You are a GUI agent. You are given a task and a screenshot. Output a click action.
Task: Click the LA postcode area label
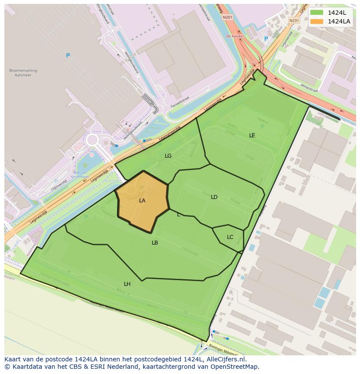click(142, 201)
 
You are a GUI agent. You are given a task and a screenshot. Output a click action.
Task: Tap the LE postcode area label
click(252, 136)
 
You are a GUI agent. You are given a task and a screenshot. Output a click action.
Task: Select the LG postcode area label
click(168, 156)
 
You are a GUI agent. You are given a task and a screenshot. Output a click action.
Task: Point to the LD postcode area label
click(214, 197)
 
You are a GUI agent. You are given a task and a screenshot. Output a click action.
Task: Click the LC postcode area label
click(230, 237)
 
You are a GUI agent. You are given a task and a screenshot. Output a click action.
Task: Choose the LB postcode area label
click(155, 243)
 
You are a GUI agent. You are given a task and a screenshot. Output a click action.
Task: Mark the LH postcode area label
click(127, 284)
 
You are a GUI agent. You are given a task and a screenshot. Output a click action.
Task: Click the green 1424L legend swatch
click(317, 12)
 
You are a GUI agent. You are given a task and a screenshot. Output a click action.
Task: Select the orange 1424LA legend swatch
click(317, 21)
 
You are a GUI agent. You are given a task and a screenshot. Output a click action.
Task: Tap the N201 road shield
click(227, 17)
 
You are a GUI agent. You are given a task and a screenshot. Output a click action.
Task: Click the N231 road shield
click(294, 20)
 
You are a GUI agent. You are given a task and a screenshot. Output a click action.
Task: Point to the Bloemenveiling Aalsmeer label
click(23, 73)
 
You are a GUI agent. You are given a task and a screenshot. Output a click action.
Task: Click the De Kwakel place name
click(234, 36)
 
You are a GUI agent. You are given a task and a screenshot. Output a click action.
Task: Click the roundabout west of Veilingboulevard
click(92, 140)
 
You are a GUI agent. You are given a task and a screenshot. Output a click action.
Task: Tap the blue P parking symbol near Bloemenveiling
click(68, 56)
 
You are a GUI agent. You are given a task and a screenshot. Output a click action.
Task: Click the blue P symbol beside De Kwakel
click(266, 39)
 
